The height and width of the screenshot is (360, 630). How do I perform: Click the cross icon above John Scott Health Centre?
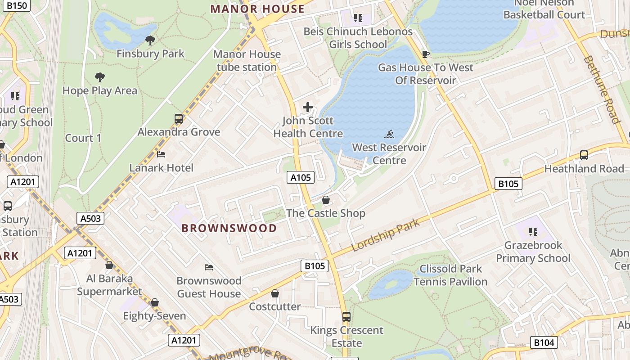point(308,107)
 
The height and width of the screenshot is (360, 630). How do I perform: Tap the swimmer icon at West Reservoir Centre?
point(389,134)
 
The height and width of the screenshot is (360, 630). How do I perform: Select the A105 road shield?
point(301,177)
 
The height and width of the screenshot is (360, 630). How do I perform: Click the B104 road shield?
point(544,342)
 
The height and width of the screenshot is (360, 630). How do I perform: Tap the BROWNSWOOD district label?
point(229,228)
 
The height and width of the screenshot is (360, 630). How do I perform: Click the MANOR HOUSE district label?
point(257,9)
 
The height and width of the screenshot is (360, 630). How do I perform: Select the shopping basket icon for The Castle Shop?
point(326,199)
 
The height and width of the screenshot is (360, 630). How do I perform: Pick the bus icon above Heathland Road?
point(584,155)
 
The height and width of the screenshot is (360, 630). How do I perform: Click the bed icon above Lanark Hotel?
point(161,154)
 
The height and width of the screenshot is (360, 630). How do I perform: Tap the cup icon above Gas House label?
point(425,54)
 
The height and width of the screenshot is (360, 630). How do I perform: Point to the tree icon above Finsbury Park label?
point(150,40)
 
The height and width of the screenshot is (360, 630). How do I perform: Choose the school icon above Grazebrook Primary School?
point(533,232)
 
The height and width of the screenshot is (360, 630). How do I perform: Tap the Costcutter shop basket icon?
point(275,293)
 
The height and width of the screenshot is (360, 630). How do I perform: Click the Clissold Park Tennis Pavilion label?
point(450,275)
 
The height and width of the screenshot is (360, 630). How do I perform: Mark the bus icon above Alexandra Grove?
point(179,119)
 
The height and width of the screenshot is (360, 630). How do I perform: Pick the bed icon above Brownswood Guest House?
point(209,267)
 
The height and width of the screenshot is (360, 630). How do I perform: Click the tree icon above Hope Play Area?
point(100,77)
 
